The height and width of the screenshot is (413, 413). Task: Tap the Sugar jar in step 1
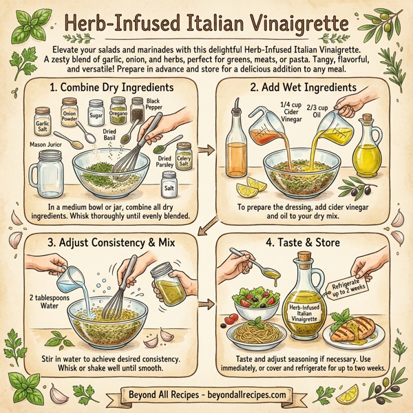click(x=96, y=109)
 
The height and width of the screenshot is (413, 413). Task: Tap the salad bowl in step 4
click(x=255, y=300)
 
